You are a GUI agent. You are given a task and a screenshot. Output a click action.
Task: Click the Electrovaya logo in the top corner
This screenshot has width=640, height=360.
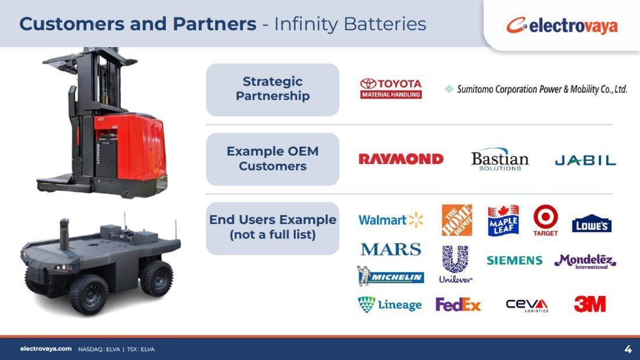(x=561, y=26)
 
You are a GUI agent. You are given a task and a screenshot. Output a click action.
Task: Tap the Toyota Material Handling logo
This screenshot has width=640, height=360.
(x=391, y=88)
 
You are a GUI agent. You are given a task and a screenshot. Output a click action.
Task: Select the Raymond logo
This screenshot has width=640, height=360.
(x=401, y=159)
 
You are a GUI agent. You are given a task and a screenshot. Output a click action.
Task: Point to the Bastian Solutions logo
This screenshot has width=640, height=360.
(x=500, y=159)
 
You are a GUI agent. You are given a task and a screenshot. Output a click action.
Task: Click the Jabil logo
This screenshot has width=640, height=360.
(x=585, y=161)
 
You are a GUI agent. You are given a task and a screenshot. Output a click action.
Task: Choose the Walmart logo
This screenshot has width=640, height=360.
(x=390, y=220)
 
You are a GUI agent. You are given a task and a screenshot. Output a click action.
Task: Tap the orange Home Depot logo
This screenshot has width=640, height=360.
(x=457, y=220)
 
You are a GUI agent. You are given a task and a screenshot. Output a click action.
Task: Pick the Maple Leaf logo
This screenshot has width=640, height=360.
(x=503, y=220)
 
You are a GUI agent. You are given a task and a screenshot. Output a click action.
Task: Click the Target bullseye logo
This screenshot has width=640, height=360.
(x=545, y=220)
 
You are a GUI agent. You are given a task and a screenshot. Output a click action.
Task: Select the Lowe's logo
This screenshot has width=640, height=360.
(x=592, y=223)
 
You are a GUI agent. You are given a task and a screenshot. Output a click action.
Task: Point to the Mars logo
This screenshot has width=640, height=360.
(x=390, y=249)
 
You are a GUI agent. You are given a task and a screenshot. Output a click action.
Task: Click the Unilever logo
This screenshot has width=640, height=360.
(x=456, y=265)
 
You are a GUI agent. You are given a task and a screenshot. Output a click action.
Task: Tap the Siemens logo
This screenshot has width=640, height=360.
(x=514, y=261)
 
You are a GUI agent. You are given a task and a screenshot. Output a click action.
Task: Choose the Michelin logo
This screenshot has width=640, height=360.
(x=390, y=276)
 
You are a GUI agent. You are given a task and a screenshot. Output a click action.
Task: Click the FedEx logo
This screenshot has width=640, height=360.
(x=458, y=305)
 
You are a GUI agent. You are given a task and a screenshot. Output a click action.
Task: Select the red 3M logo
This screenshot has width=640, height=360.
(x=590, y=304)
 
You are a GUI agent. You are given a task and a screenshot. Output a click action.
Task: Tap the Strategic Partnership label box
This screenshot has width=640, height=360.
(x=273, y=90)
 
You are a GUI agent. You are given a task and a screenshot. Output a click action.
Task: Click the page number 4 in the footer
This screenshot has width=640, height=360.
(x=628, y=349)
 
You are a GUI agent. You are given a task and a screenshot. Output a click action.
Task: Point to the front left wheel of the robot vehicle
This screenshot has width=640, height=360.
(x=88, y=294)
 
